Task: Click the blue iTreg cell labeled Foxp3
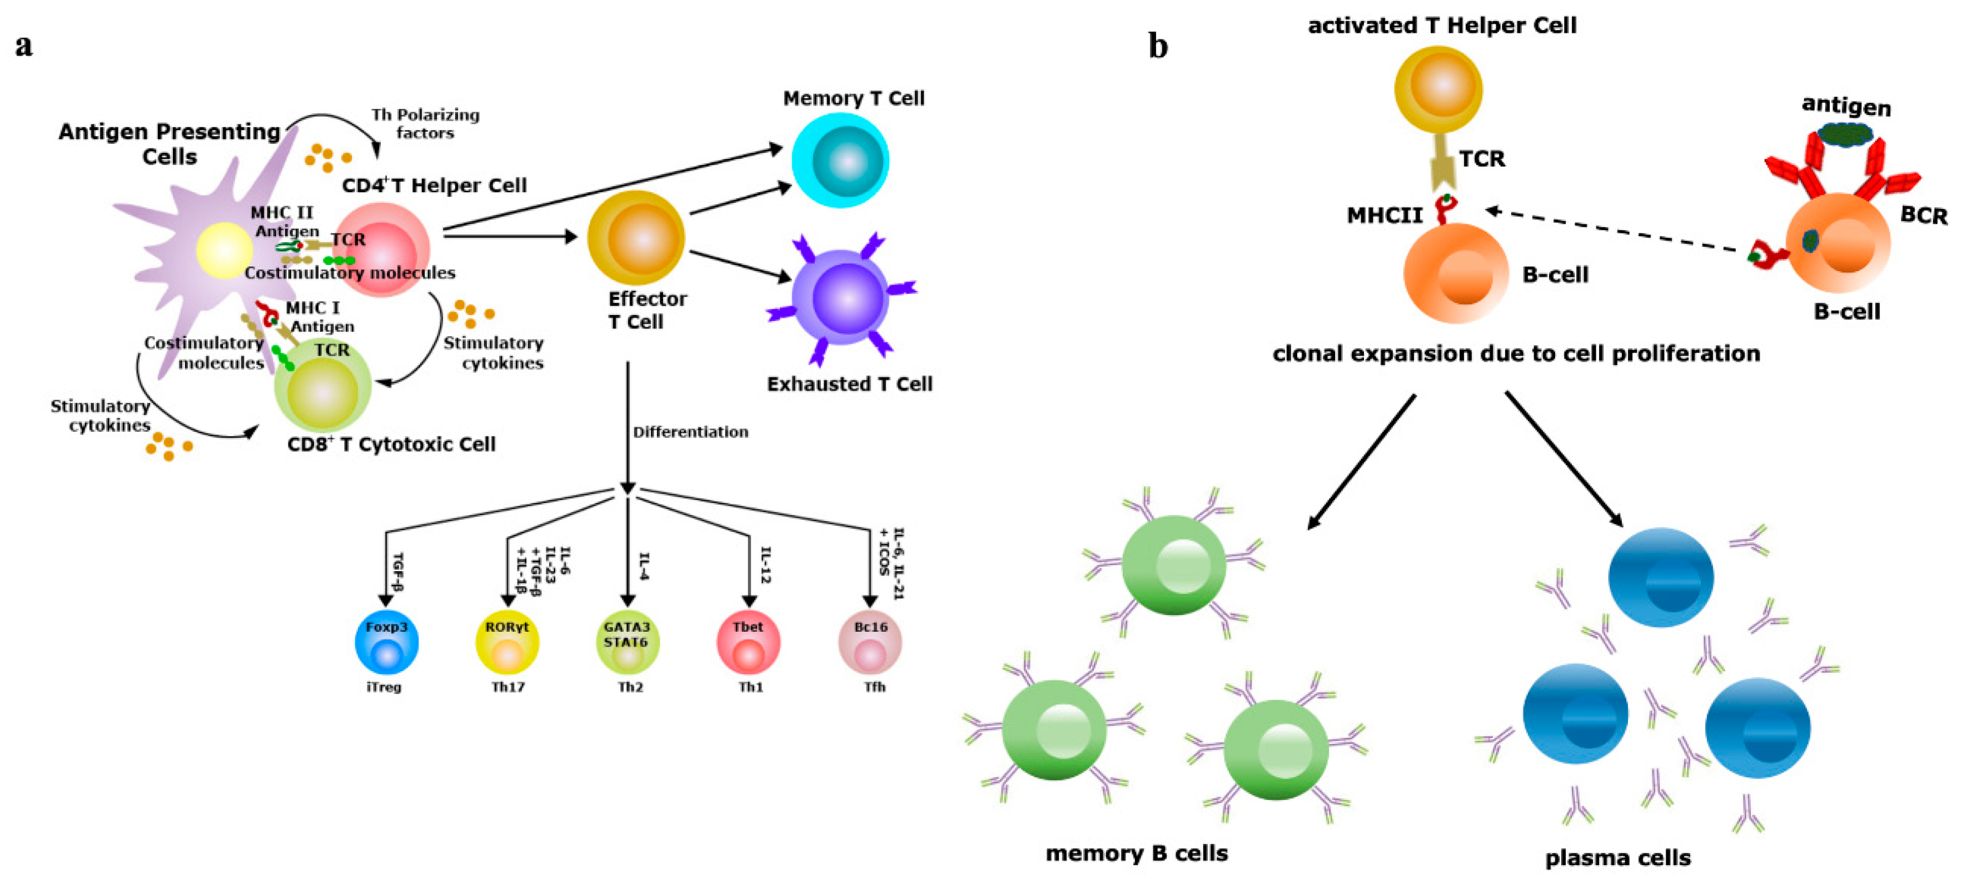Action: coord(386,642)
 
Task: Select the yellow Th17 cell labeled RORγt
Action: coord(506,642)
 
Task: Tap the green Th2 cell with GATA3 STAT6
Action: coord(627,642)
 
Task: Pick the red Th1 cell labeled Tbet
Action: coord(748,642)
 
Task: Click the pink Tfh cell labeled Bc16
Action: coord(870,642)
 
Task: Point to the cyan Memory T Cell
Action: coord(840,160)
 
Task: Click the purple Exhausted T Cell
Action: coord(840,297)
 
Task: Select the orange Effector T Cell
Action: coord(636,238)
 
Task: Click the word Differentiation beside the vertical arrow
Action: coord(690,432)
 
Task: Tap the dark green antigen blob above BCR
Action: coord(1845,135)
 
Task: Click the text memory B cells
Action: coord(1137,853)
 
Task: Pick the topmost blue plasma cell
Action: coord(1660,577)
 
